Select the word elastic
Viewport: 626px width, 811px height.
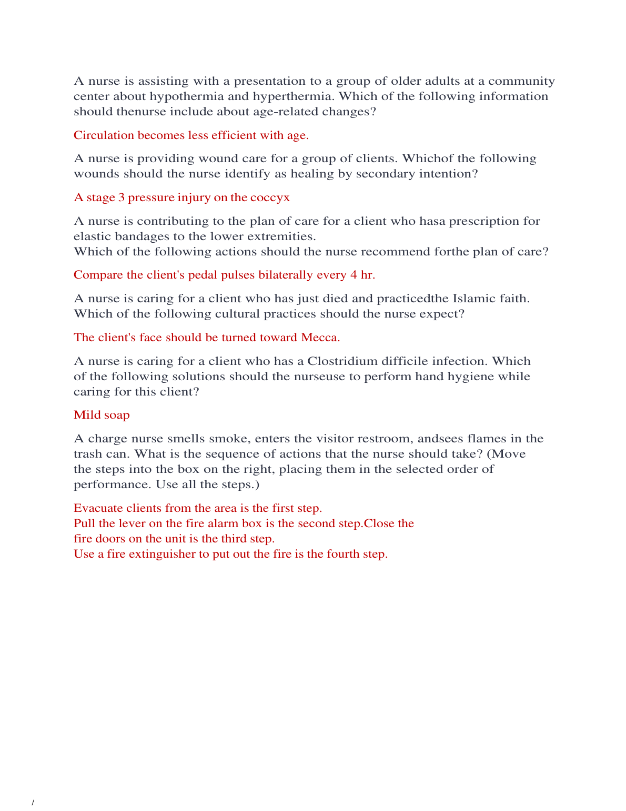92,236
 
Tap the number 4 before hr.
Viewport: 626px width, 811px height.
353,275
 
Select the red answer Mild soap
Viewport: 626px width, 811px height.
102,415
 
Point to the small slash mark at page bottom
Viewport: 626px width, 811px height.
33,803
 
